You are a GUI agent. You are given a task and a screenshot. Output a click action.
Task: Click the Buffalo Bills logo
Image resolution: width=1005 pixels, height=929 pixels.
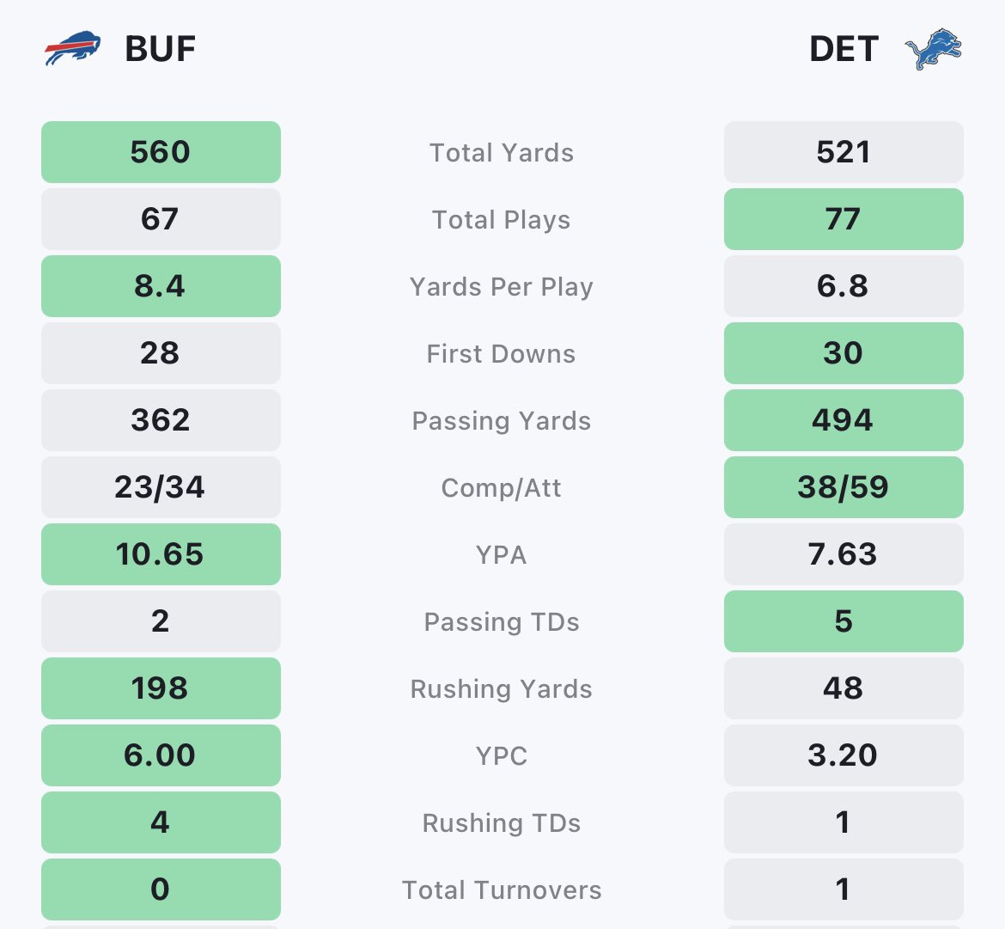click(x=72, y=49)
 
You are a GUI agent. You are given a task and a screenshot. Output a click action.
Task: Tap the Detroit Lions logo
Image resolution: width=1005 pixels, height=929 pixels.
click(x=933, y=49)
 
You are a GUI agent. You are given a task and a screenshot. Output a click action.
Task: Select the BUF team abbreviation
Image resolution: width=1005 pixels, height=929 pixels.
click(x=161, y=49)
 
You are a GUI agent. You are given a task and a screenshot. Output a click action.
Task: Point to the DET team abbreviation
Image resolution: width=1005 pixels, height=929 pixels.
click(x=844, y=49)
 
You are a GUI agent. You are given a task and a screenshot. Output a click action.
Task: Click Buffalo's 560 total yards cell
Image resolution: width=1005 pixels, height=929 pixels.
click(x=161, y=152)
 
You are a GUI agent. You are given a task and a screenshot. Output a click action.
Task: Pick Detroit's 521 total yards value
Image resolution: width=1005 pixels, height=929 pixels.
click(x=844, y=152)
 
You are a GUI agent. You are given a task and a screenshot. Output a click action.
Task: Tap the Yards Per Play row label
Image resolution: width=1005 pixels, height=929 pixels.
click(x=502, y=286)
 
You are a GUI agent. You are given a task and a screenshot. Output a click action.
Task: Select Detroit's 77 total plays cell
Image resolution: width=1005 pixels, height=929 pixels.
click(x=844, y=219)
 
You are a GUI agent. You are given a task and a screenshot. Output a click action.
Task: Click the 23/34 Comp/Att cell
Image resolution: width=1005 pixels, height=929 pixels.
click(x=161, y=487)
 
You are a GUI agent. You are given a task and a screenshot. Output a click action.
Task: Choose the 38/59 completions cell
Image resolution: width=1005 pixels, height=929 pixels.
click(x=844, y=487)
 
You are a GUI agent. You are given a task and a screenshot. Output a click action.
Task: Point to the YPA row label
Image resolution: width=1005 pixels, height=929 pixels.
click(x=502, y=554)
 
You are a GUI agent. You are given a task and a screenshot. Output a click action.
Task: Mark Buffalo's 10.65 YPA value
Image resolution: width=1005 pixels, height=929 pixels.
click(x=161, y=554)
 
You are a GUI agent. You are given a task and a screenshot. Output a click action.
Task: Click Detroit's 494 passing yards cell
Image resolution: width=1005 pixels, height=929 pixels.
click(x=844, y=420)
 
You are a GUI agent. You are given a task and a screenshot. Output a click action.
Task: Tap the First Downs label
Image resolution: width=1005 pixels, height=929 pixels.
click(x=502, y=353)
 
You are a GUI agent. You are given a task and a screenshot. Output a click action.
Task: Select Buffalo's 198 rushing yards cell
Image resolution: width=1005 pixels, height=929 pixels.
click(x=161, y=688)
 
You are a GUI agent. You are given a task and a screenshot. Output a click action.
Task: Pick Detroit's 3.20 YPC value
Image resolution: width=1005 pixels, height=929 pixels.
click(x=844, y=755)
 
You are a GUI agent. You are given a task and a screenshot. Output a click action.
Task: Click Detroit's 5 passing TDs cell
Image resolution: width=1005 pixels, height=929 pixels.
click(x=844, y=621)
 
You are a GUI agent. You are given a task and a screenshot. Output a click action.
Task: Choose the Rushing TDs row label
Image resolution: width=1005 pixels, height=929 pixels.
click(x=502, y=822)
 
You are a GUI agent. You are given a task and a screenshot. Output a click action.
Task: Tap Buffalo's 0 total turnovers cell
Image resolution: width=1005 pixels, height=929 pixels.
click(x=161, y=889)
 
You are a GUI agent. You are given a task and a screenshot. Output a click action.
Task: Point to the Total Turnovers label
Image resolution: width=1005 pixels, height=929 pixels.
click(x=502, y=889)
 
